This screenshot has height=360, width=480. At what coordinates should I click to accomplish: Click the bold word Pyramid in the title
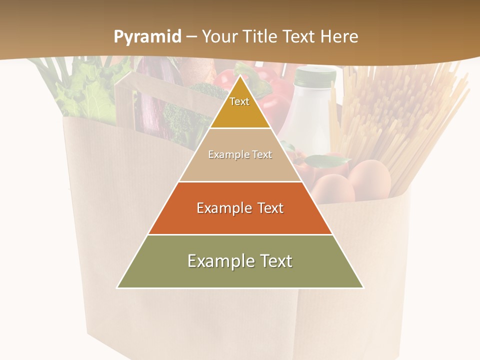tap(147, 37)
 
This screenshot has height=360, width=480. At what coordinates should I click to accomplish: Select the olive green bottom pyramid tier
tap(150, 272)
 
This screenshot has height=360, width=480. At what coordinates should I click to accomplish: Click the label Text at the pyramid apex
tap(239, 101)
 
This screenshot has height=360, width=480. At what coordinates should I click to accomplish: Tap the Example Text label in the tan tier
tap(240, 155)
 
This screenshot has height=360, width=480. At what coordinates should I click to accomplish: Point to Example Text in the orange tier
tap(240, 208)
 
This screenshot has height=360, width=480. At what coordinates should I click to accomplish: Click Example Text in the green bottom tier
tap(240, 261)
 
